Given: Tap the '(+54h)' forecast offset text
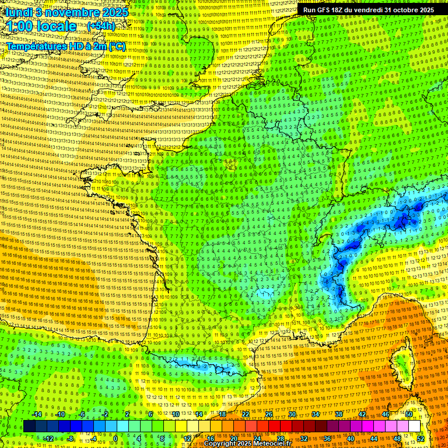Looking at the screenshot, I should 100,26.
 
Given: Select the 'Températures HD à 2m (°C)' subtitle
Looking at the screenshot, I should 66,45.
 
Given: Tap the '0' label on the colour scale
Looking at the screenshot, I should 116,439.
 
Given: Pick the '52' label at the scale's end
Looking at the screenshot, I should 421,439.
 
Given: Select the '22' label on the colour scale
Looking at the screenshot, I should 246,414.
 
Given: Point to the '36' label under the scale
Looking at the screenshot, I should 327,439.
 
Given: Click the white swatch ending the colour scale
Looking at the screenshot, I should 414,426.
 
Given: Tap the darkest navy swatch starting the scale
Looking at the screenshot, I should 29,426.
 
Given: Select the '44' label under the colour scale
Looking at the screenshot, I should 373,439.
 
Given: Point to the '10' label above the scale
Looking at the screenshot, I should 176,414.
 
